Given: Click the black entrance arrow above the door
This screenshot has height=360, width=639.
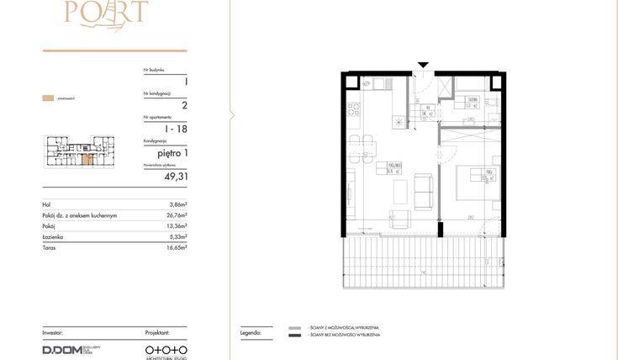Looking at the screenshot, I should [x=424, y=65].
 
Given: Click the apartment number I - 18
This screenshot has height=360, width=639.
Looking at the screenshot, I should [x=175, y=129].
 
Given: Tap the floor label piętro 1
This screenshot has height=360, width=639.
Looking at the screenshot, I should [x=171, y=153].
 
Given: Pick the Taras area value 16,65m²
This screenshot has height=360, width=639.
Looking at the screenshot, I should [x=176, y=248].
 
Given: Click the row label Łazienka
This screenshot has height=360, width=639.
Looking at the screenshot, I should [x=53, y=237].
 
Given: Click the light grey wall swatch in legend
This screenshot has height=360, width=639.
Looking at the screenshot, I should [x=294, y=327].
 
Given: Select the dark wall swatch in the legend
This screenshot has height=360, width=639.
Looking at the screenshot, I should [x=294, y=336].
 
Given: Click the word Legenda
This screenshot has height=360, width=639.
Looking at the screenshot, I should [x=251, y=334].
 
